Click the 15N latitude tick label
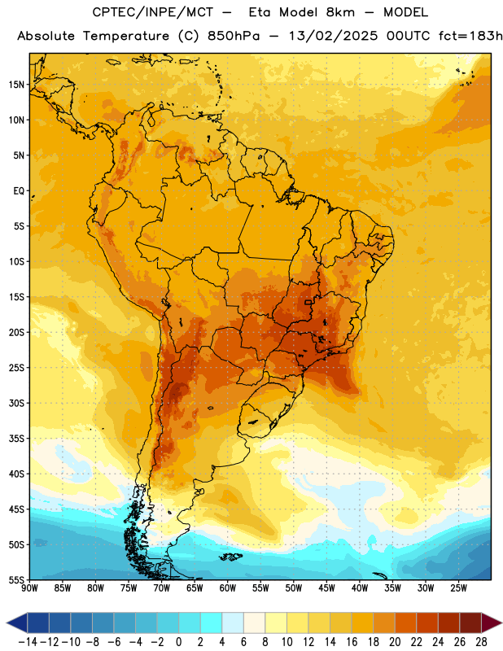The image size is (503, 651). [16, 85]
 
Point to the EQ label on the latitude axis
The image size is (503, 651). [19, 191]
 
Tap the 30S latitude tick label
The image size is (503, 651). [16, 403]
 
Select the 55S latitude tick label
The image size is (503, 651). [16, 580]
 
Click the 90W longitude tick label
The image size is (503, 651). [29, 588]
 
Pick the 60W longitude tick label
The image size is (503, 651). [228, 588]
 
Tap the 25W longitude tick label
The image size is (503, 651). [458, 588]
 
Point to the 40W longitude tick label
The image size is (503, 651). [360, 588]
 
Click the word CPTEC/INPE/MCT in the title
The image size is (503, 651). [153, 12]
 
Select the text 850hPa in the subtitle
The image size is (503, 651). [234, 36]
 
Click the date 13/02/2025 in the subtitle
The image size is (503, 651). [333, 36]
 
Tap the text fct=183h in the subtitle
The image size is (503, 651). [470, 36]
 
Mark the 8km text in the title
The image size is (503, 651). [340, 12]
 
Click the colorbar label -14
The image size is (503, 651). [28, 642]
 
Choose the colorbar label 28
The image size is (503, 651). [481, 642]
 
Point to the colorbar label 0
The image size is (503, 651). [179, 642]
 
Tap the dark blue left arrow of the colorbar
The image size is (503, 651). [17, 623]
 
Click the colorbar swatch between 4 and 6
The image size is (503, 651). [233, 623]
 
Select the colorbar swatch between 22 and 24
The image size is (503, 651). [427, 623]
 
